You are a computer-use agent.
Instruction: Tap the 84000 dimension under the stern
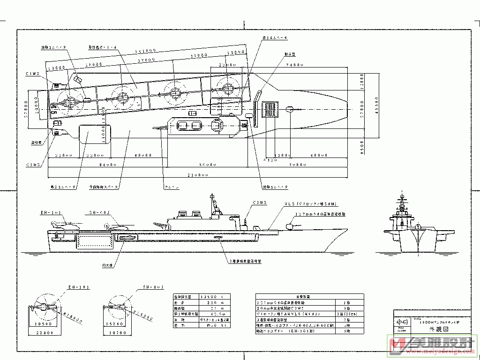click(107, 165)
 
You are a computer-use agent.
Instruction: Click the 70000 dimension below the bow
click(297, 165)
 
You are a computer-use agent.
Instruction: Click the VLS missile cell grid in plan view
click(270, 110)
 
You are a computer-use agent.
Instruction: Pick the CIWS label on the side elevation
click(259, 203)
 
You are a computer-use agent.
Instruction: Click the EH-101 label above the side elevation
click(51, 213)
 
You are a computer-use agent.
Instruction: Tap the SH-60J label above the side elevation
click(99, 213)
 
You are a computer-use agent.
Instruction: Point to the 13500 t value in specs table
click(208, 297)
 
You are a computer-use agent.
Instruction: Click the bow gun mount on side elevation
click(291, 226)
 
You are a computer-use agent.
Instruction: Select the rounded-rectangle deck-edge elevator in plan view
click(94, 135)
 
